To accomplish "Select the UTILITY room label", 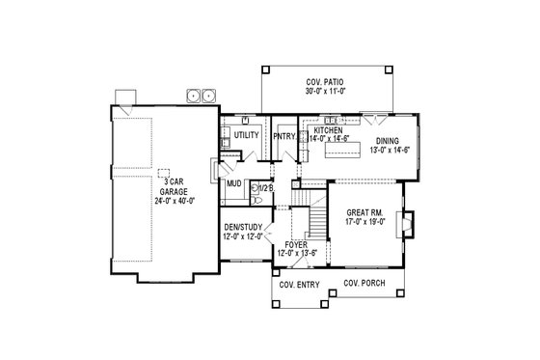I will click(247, 136).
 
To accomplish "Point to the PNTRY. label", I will click(283, 136).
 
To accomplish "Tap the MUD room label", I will click(233, 182).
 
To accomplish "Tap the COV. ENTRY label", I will click(298, 287).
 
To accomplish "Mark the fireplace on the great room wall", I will click(409, 225).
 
